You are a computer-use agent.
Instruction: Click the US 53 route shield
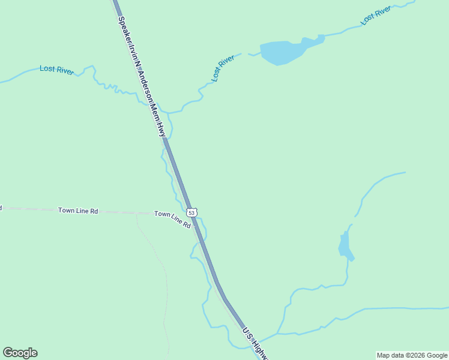[191, 212]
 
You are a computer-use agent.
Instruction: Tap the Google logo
[20, 353]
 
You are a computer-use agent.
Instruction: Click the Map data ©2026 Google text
[412, 355]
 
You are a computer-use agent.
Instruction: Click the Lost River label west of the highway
[56, 70]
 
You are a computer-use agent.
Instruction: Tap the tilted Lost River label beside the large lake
[223, 68]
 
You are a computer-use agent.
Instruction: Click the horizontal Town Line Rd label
[78, 211]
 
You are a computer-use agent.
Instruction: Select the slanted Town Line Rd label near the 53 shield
[172, 219]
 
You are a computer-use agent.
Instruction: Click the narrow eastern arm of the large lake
[314, 41]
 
